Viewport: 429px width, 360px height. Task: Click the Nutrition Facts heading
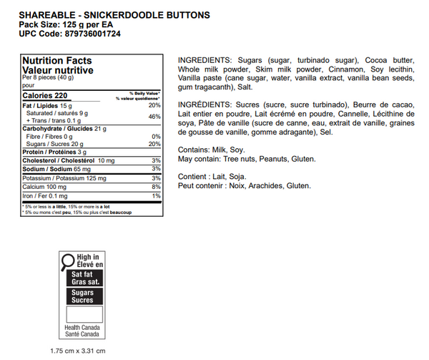pos(57,61)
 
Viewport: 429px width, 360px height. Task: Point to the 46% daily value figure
pos(154,116)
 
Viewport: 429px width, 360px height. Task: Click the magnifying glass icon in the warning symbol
pos(67,260)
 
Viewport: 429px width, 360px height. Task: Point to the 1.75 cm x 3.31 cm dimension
pos(79,351)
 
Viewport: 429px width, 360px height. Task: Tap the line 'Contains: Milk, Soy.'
pos(212,150)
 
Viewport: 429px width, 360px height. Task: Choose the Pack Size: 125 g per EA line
pos(64,24)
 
